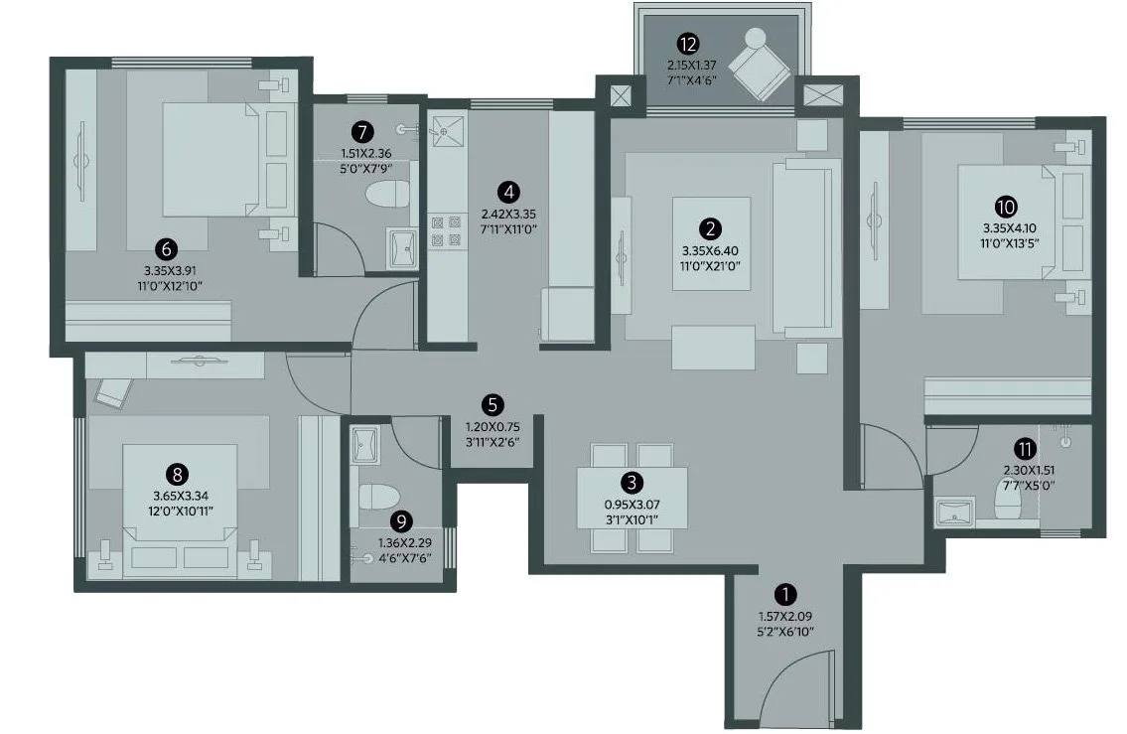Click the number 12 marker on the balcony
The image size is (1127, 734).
688,45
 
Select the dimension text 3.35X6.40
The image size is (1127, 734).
710,251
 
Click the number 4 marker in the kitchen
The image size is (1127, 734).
508,192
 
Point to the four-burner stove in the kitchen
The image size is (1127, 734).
446,231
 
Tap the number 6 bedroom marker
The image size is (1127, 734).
167,249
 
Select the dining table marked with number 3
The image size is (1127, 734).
632,498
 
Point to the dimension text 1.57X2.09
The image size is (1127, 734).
785,616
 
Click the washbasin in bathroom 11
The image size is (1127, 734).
955,513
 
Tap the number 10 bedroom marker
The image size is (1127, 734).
1006,207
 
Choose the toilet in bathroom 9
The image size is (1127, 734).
378,497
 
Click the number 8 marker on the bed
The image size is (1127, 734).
177,475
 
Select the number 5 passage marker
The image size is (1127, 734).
493,404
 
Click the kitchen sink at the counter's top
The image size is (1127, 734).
447,131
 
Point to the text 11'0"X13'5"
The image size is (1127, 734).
1010,243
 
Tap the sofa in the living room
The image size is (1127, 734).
806,246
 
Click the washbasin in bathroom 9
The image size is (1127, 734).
364,445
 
